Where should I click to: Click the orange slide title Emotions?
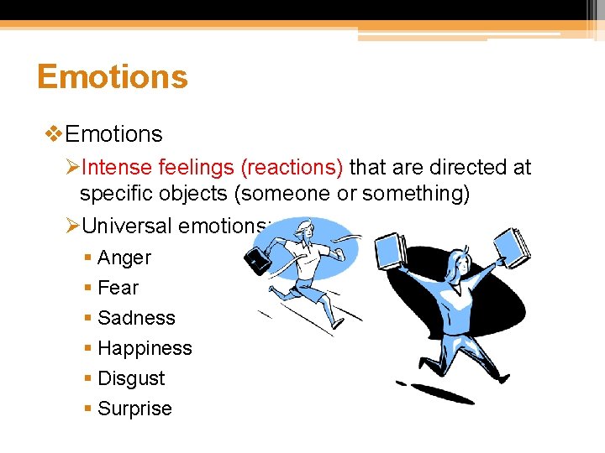112,77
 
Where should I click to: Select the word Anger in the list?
124,258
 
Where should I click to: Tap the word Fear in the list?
118,289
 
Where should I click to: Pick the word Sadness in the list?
136,319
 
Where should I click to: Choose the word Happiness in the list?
145,349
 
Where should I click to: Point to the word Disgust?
131,379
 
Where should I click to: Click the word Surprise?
134,409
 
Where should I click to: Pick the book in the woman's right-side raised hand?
513,243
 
